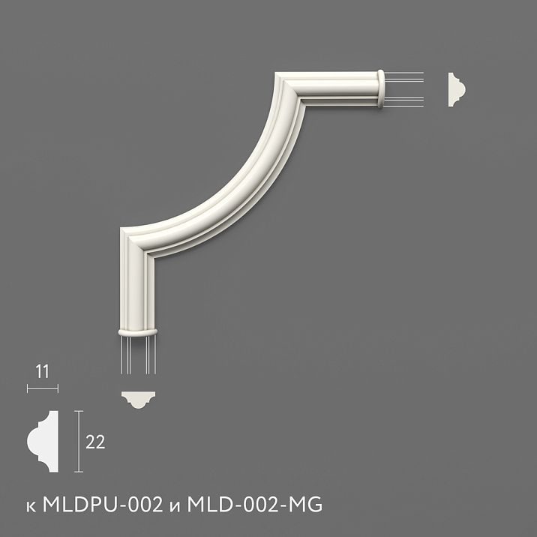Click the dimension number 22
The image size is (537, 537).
coord(95,442)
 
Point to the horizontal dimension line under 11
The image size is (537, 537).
coord(42,388)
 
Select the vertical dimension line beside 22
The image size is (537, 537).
coord(78,442)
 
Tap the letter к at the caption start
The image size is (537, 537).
coord(29,506)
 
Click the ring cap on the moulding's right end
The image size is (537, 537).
coord(381,89)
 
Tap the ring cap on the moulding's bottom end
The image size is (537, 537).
coord(138,331)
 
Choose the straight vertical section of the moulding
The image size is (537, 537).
coord(138,292)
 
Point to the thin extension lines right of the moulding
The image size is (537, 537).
coord(405,89)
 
